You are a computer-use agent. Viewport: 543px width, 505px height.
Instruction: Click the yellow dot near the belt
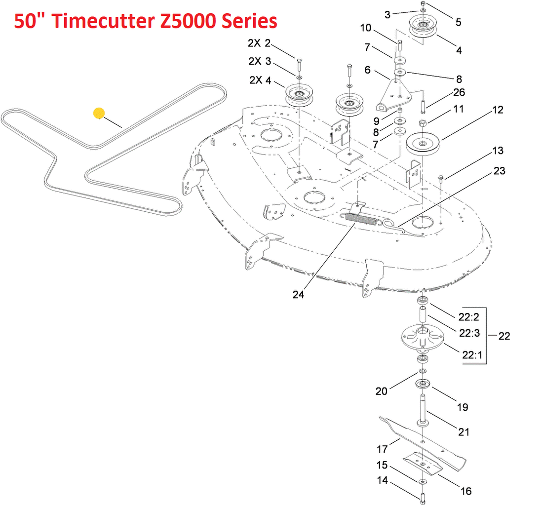point(99,114)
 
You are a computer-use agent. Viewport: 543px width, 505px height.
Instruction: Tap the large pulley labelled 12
point(423,143)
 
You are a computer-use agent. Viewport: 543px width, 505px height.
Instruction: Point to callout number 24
point(298,295)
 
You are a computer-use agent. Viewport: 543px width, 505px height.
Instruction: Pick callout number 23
point(499,171)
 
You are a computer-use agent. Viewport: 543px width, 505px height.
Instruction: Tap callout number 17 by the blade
point(383,449)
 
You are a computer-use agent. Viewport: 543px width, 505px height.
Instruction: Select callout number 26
point(459,93)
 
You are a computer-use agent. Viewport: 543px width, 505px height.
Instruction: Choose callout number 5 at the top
point(459,22)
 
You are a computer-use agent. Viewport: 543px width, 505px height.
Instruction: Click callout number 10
point(366,28)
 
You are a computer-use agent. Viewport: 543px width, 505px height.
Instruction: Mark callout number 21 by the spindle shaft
point(464,432)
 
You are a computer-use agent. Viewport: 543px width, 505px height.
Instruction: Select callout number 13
point(497,150)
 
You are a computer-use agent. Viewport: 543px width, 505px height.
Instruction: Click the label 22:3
point(469,333)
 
